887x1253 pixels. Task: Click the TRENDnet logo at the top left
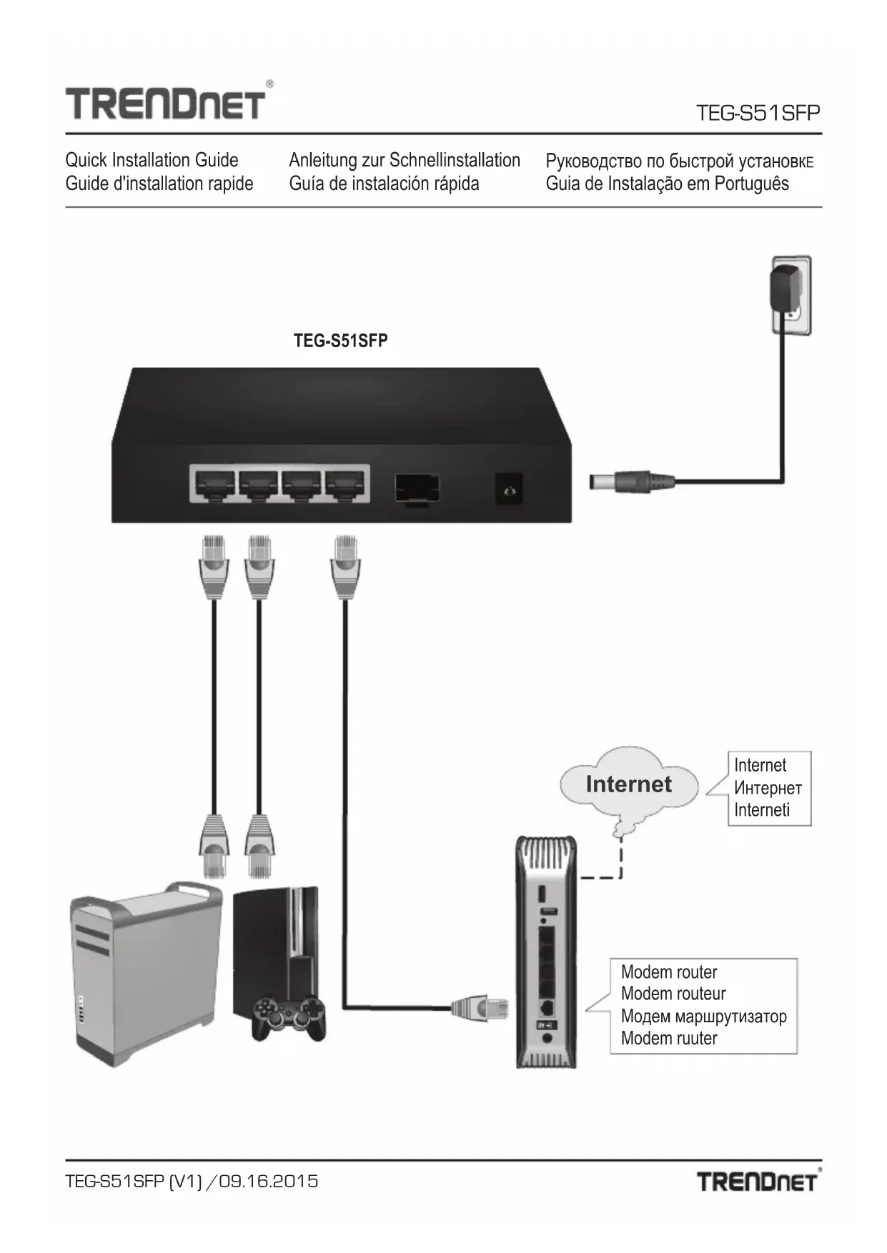tap(166, 102)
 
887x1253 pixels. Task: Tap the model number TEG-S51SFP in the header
tap(758, 113)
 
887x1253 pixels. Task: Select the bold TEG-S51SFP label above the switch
tap(340, 341)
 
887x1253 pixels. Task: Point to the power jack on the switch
tap(509, 490)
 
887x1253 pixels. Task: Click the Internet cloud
tap(628, 785)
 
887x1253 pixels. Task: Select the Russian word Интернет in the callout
tap(768, 788)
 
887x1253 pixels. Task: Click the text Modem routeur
tap(673, 994)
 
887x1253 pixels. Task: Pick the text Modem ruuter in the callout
tap(668, 1038)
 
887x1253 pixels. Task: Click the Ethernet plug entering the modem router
tap(480, 1008)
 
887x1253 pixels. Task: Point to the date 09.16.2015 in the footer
tap(269, 1181)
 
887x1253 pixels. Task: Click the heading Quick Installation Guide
tap(152, 160)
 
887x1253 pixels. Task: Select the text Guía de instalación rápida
tap(384, 184)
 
